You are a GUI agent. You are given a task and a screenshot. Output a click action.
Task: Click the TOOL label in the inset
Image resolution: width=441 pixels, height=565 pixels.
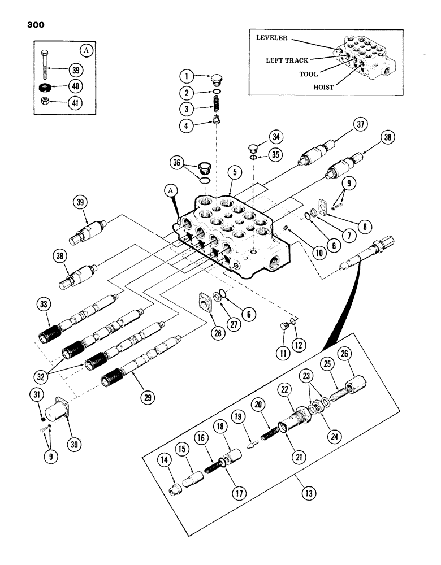click(x=308, y=73)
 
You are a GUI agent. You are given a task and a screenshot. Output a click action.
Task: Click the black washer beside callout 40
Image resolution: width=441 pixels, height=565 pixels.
click(x=44, y=88)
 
